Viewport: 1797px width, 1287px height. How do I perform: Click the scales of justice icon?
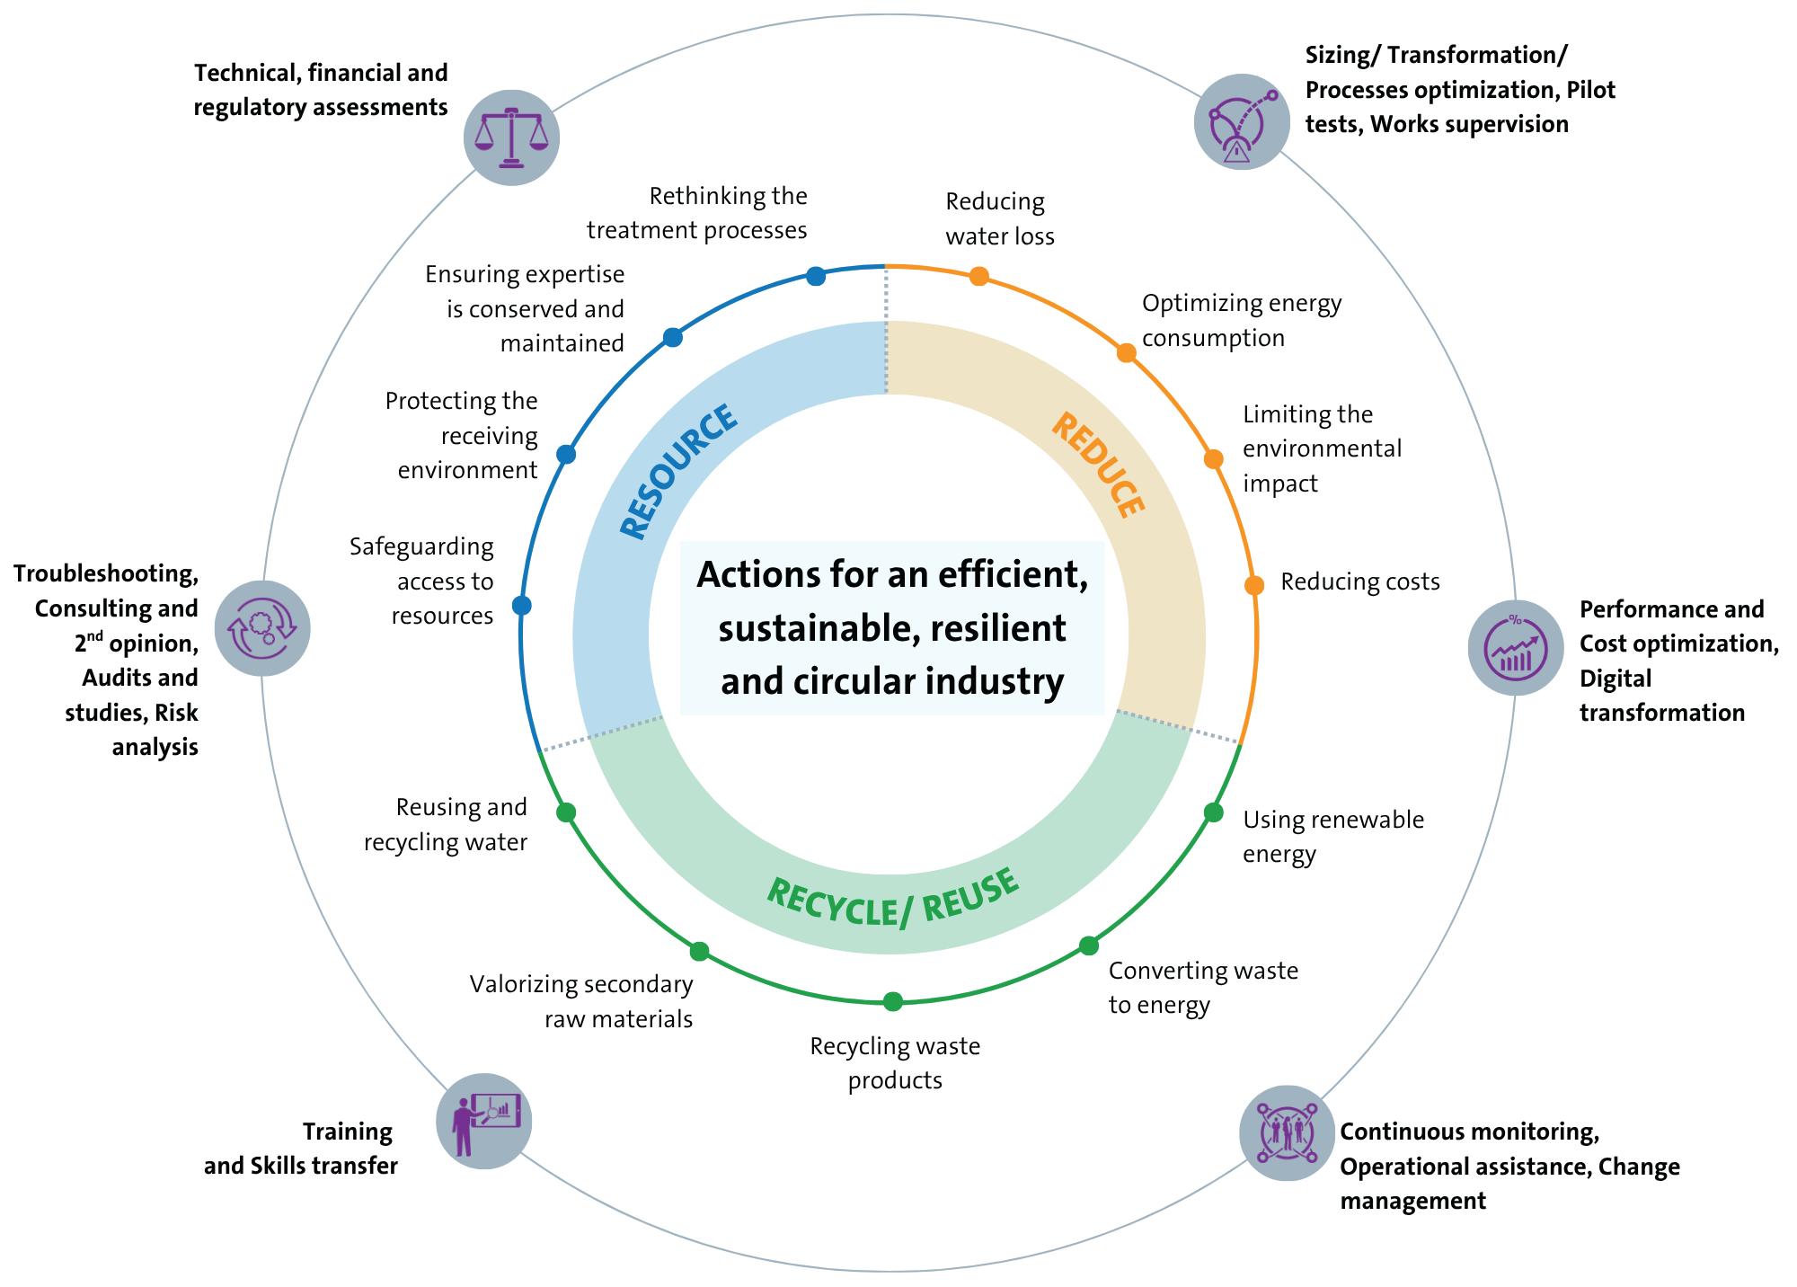pyautogui.click(x=511, y=138)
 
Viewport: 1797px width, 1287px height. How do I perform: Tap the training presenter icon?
pyautogui.click(x=484, y=1121)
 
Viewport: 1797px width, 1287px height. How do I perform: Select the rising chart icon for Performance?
pyautogui.click(x=1516, y=647)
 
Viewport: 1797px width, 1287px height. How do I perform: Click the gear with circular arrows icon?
pyautogui.click(x=262, y=627)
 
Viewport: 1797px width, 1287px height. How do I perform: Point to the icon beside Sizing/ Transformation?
pyautogui.click(x=1242, y=121)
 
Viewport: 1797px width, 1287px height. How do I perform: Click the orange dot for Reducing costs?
pyautogui.click(x=1254, y=585)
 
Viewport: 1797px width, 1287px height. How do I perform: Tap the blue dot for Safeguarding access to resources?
pyautogui.click(x=521, y=605)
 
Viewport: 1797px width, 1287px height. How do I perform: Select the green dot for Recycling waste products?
pyautogui.click(x=892, y=1001)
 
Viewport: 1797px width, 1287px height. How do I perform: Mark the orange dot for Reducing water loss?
pyautogui.click(x=979, y=276)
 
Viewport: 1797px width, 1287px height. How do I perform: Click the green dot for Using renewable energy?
pyautogui.click(x=1213, y=812)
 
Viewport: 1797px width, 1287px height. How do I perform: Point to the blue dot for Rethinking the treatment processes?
pyautogui.click(x=816, y=276)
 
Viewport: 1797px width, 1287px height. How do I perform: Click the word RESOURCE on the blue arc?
pyautogui.click(x=679, y=473)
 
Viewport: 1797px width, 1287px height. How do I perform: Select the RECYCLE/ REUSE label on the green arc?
pyautogui.click(x=893, y=898)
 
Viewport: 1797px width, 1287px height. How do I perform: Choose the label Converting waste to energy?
pyautogui.click(x=1203, y=987)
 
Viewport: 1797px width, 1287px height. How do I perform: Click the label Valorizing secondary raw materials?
pyautogui.click(x=582, y=1001)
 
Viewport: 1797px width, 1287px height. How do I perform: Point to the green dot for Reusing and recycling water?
pyautogui.click(x=566, y=812)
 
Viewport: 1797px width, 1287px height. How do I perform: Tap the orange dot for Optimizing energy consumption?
pyautogui.click(x=1126, y=352)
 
